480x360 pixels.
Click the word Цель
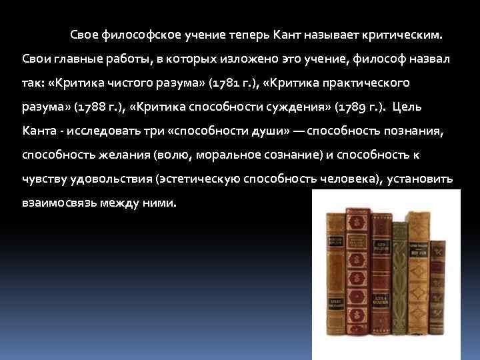pyautogui.click(x=407, y=107)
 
